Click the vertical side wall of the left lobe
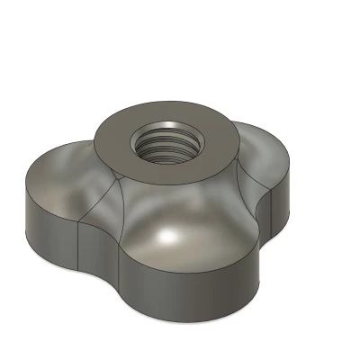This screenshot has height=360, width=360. (x=49, y=225)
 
